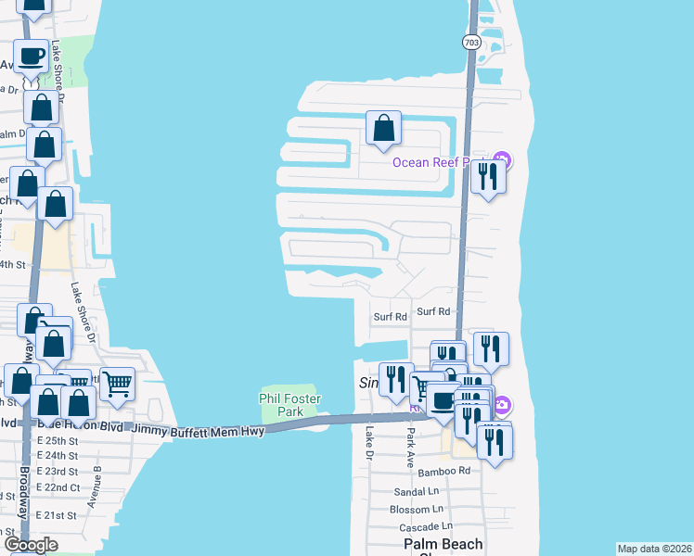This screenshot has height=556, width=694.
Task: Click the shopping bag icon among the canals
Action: point(383,129)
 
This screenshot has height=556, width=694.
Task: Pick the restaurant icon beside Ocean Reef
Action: point(488,175)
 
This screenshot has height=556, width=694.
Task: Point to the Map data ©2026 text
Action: point(654,549)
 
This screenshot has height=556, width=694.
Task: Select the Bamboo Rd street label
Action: point(443,471)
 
